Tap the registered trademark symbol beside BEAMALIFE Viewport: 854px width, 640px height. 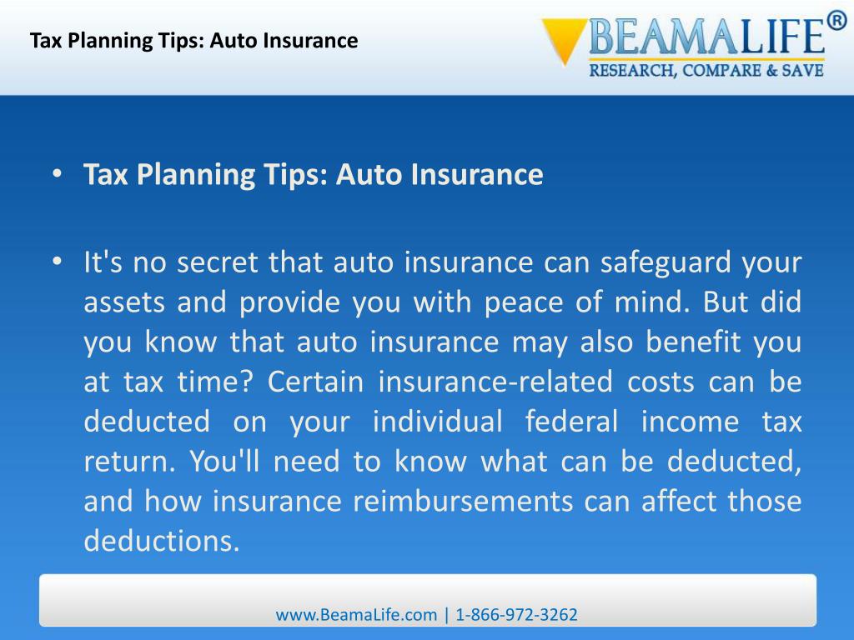pyautogui.click(x=836, y=22)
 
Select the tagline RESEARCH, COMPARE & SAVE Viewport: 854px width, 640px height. pyautogui.click(x=706, y=71)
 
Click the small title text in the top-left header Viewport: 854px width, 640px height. pyautogui.click(x=193, y=40)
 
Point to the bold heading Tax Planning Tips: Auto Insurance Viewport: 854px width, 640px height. pyautogui.click(x=313, y=175)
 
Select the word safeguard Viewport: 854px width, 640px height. pyautogui.click(x=673, y=263)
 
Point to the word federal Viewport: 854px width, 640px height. pyautogui.click(x=572, y=422)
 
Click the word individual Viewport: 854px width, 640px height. pyautogui.click(x=437, y=422)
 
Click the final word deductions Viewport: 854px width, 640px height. pyautogui.click(x=161, y=542)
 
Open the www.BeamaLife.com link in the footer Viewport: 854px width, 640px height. pyautogui.click(x=356, y=615)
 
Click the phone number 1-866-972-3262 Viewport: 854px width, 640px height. pyautogui.click(x=516, y=615)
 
